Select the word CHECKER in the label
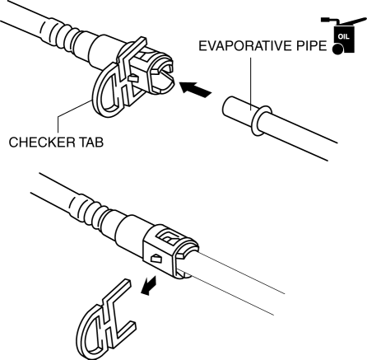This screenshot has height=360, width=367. (x=42, y=143)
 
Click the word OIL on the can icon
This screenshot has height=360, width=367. (x=344, y=36)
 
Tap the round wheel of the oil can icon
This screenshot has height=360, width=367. (x=338, y=49)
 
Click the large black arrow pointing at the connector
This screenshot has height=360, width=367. (x=195, y=89)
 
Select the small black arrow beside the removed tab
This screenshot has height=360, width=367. (x=149, y=286)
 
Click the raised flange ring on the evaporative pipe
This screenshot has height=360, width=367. (x=259, y=121)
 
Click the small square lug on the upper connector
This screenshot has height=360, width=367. (x=134, y=79)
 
